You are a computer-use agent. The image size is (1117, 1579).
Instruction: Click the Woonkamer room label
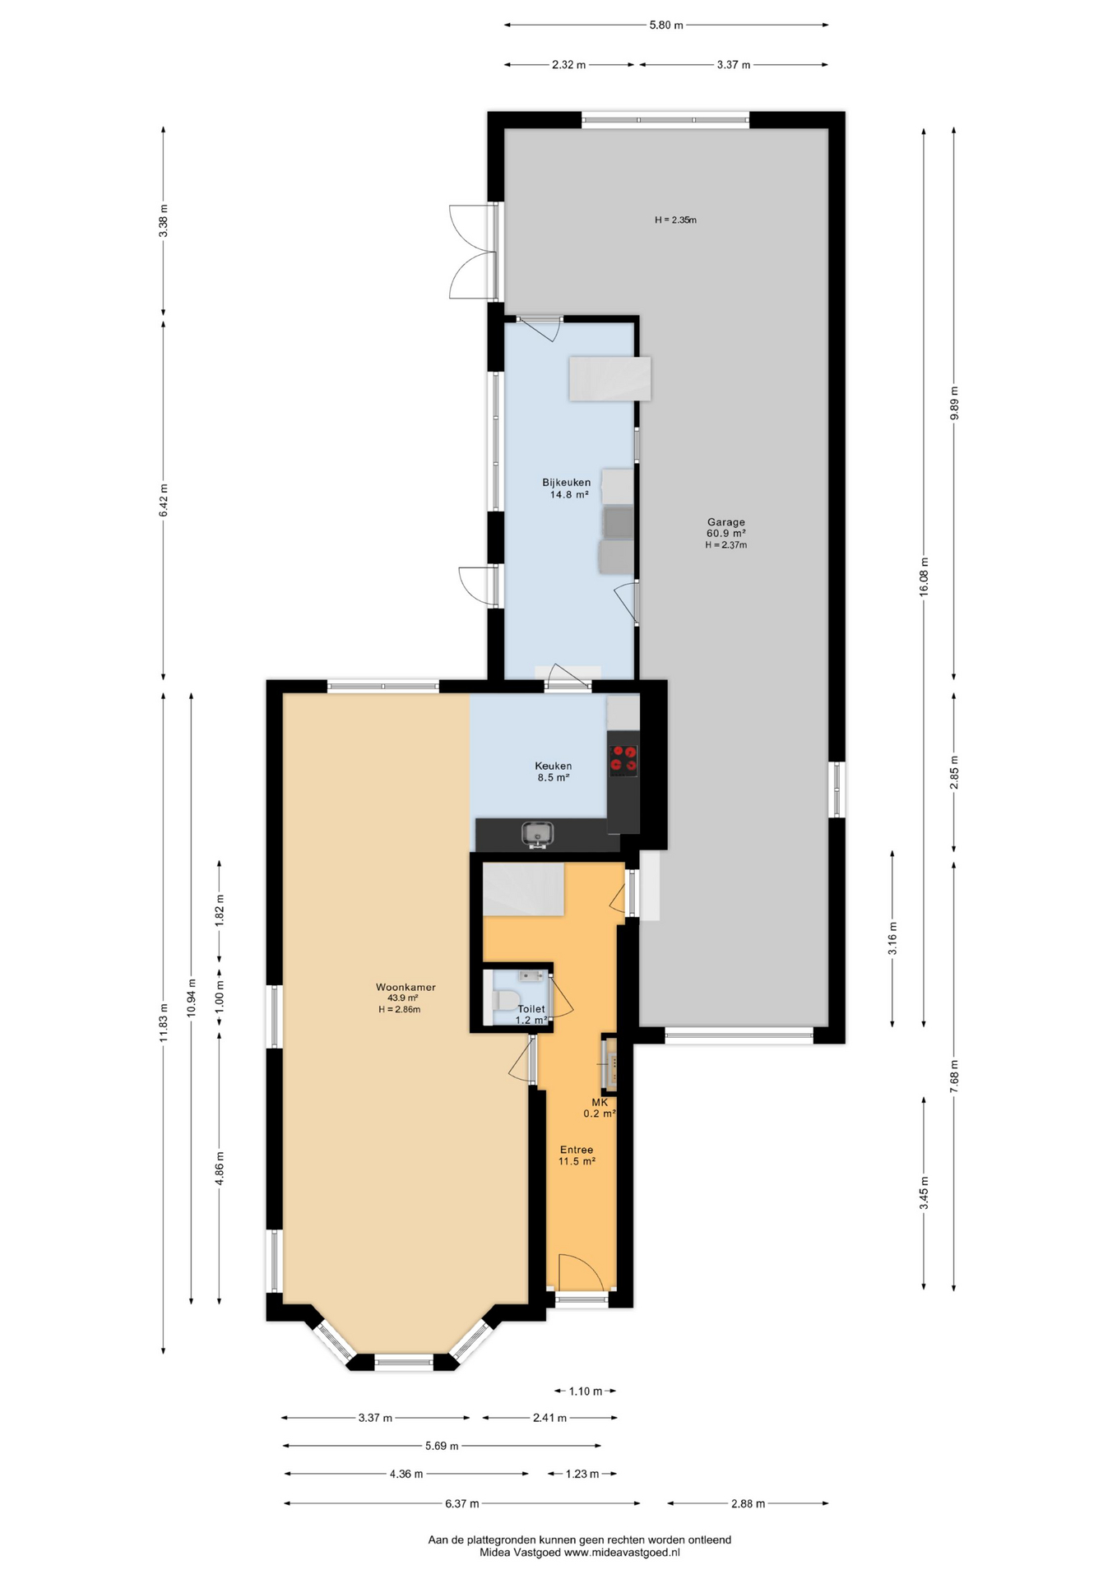coord(406,987)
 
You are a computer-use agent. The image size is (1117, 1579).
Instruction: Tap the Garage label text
coord(726,521)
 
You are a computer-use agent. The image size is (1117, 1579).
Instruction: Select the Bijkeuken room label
coord(566,483)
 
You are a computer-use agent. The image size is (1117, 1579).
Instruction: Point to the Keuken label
coord(554,766)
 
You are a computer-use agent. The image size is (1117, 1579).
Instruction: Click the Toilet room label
coord(531,1009)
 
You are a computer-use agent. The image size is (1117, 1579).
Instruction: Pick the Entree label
coord(577,1150)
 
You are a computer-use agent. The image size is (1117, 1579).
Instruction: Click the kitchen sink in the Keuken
coord(538,835)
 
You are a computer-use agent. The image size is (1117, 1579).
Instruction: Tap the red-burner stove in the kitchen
coord(623,760)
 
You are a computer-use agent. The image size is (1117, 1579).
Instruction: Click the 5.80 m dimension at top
coord(666,25)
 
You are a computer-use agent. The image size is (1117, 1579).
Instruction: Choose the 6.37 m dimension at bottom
coord(461,1503)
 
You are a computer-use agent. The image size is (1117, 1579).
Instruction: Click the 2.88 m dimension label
coord(748,1503)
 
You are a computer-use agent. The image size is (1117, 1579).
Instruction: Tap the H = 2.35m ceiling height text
coord(675,220)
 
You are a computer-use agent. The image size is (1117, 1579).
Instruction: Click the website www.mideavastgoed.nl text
coord(622,1553)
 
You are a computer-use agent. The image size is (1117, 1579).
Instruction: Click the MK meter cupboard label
coord(600,1102)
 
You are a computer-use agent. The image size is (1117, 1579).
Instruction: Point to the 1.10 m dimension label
coord(586,1391)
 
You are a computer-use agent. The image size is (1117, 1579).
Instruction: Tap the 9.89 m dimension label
coord(954,403)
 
